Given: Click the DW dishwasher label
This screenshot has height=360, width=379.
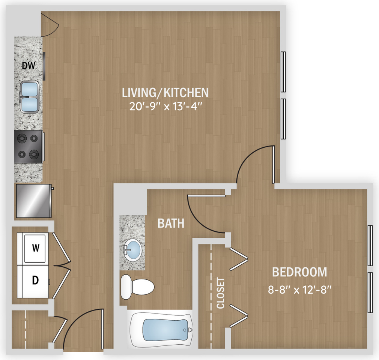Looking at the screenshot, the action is click(29, 66).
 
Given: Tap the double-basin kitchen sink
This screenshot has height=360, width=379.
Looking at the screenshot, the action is click(30, 97).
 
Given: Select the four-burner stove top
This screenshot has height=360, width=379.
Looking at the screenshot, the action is click(29, 147).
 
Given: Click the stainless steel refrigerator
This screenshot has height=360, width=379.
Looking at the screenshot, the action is click(34, 201).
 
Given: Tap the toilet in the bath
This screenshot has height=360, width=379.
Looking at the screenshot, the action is click(137, 287).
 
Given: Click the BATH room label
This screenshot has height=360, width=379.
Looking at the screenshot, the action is click(171, 223).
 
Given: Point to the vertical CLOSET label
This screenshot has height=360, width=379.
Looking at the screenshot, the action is click(221, 293).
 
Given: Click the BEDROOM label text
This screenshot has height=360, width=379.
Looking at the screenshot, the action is click(299, 272).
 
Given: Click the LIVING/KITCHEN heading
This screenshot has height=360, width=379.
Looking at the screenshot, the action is click(165, 93).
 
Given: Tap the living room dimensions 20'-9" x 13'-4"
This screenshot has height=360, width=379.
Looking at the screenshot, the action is click(165, 106).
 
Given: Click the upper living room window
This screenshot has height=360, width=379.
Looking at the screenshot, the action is click(283, 72).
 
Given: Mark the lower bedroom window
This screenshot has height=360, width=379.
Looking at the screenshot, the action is click(370, 292).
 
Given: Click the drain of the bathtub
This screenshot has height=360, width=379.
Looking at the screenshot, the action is click(185, 330).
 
